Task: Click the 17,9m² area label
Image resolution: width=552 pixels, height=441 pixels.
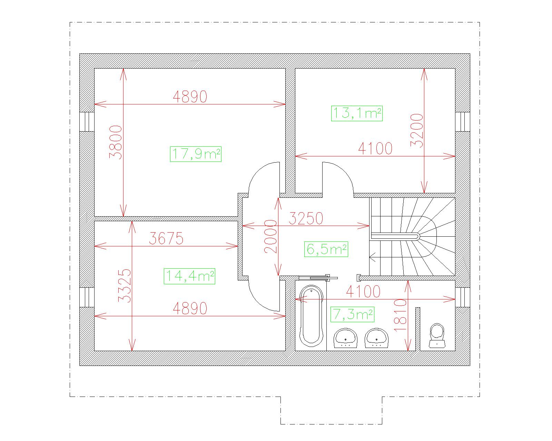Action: tap(196, 154)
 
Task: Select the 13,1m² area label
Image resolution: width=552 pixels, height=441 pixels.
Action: tap(357, 113)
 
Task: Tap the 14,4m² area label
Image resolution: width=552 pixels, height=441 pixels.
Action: tap(189, 276)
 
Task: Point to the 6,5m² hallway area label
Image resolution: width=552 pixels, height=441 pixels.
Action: tap(326, 249)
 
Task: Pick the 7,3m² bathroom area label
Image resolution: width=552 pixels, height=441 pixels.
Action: tap(352, 314)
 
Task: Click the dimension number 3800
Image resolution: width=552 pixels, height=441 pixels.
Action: tap(116, 142)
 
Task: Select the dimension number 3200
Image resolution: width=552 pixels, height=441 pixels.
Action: tap(416, 131)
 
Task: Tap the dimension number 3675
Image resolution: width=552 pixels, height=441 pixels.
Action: tap(166, 238)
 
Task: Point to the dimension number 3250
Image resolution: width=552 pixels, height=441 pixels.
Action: tap(306, 218)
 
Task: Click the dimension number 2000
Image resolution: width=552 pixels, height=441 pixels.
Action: tap(270, 236)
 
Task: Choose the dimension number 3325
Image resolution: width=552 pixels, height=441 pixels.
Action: tap(125, 286)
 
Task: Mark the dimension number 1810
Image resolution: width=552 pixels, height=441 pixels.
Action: tap(401, 315)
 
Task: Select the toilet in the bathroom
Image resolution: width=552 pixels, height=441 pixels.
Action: tap(437, 336)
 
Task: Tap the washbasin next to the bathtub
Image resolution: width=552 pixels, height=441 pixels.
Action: tap(345, 338)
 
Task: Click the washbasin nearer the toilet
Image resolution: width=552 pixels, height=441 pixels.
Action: tap(376, 338)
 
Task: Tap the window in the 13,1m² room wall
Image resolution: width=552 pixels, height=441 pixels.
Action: tap(463, 122)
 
